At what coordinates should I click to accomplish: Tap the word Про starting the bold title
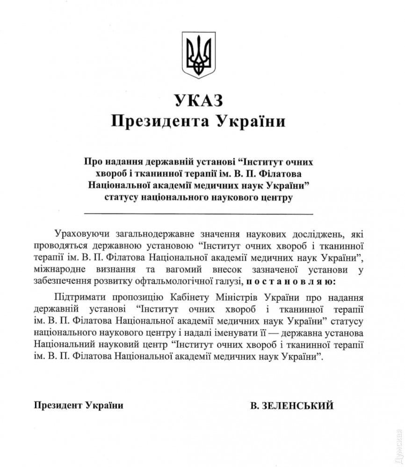coord(93,162)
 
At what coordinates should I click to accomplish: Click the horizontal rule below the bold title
coord(198,214)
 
